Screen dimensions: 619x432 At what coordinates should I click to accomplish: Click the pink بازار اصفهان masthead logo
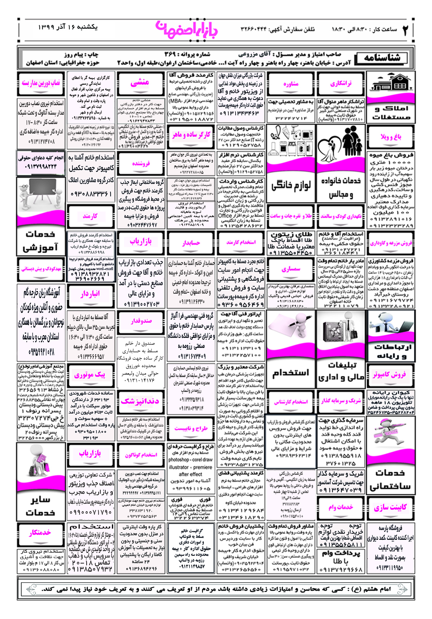187,30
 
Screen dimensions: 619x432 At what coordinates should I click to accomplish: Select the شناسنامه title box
382,58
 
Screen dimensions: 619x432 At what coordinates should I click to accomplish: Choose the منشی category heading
140,83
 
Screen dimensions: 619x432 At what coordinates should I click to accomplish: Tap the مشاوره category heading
291,84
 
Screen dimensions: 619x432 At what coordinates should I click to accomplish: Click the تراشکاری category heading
341,84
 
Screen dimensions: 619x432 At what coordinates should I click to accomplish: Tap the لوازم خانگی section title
291,186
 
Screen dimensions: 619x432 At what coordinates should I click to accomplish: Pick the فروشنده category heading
141,163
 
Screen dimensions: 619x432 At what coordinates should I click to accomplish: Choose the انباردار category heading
90,294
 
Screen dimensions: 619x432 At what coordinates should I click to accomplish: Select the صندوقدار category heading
141,321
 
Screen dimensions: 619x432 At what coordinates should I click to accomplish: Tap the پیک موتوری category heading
90,375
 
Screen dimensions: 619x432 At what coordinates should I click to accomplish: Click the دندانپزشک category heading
140,401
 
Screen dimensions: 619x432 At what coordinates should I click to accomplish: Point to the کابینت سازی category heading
390,508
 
